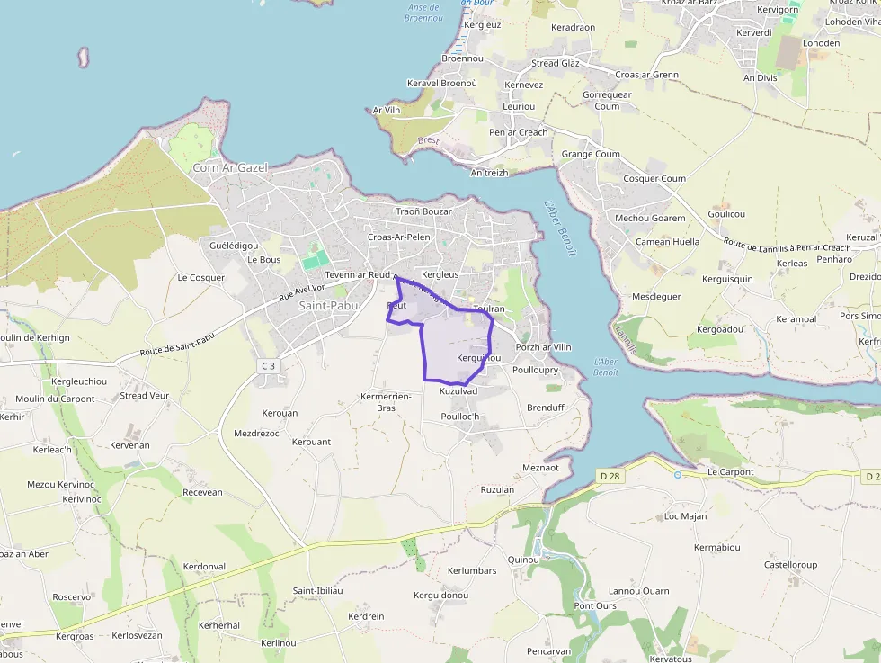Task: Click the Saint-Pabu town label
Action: pyautogui.click(x=327, y=306)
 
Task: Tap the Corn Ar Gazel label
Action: pyautogui.click(x=230, y=167)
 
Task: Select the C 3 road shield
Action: pyautogui.click(x=267, y=365)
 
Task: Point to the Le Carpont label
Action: pyautogui.click(x=730, y=471)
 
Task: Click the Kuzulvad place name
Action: pyautogui.click(x=458, y=392)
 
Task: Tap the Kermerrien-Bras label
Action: pyautogui.click(x=386, y=401)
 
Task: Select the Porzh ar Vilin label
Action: pyautogui.click(x=543, y=347)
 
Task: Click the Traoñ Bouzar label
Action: pyautogui.click(x=424, y=211)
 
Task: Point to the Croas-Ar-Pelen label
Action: pyautogui.click(x=399, y=237)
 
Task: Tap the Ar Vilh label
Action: pyautogui.click(x=386, y=111)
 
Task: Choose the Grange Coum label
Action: pyautogui.click(x=591, y=154)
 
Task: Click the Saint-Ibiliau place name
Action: pyautogui.click(x=317, y=590)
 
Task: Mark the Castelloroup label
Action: pyautogui.click(x=790, y=565)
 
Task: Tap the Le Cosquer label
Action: pyautogui.click(x=201, y=278)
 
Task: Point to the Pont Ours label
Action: pyautogui.click(x=595, y=605)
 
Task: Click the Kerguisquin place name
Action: pyautogui.click(x=727, y=279)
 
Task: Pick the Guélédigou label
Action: pyautogui.click(x=234, y=246)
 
